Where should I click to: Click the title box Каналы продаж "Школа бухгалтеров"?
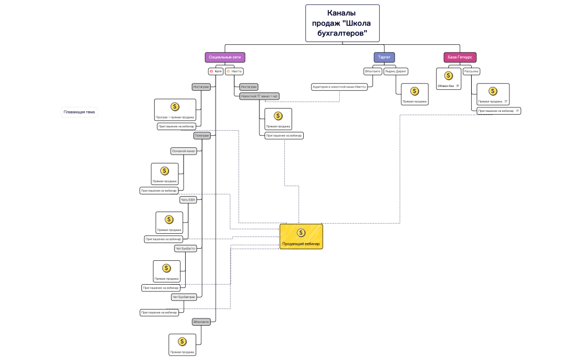point(342,23)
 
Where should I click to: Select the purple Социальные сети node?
point(224,57)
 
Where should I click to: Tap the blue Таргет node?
point(384,57)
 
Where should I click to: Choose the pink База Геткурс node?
point(460,57)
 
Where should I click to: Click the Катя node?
point(216,71)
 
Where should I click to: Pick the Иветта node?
point(234,71)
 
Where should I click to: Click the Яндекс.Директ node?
point(396,71)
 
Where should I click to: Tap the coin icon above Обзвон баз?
point(448,76)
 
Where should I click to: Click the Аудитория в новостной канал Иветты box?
point(339,86)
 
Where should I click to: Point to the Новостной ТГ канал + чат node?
point(259,96)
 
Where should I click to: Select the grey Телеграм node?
point(202,136)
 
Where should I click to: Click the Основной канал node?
point(183,151)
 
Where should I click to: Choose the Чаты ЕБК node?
point(188,200)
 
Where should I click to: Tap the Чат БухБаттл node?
point(185,249)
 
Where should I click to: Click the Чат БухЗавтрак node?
point(184,297)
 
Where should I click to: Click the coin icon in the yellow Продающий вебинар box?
point(301,233)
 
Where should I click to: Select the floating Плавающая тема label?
point(79,112)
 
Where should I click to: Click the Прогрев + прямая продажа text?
point(175,117)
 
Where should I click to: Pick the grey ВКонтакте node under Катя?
point(201,322)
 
